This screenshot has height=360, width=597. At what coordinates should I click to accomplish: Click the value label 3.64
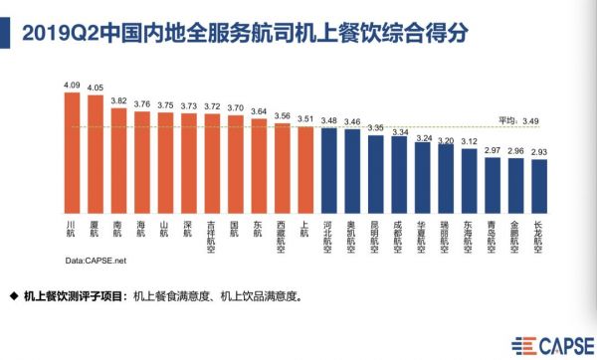(x=259, y=110)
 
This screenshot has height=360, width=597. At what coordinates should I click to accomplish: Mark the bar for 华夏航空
(x=423, y=178)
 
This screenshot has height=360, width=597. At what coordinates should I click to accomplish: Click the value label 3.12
(x=470, y=140)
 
